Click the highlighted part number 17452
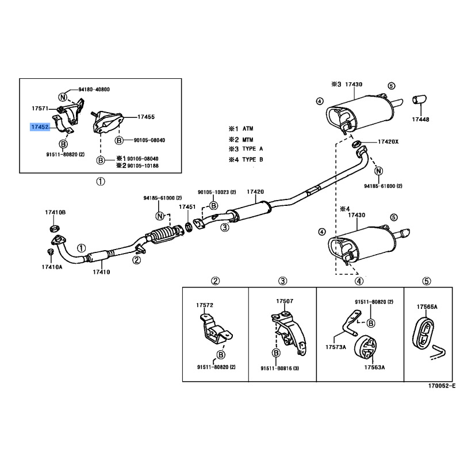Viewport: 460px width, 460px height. pos(40,127)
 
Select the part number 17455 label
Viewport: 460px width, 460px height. pos(146,117)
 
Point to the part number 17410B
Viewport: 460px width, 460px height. pos(55,212)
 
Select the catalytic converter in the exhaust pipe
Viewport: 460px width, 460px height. pos(165,234)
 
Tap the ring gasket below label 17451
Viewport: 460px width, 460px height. pos(189,227)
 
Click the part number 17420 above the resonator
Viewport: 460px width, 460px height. pos(255,191)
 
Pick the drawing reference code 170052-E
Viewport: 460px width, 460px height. pos(442,385)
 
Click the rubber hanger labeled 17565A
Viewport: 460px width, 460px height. pos(423,333)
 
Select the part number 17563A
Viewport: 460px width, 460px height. pos(374,367)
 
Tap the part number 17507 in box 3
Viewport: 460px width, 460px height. pos(285,301)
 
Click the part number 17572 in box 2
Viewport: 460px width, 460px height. pos(205,305)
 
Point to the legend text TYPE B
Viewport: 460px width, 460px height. pos(252,160)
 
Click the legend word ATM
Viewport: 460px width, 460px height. pos(248,128)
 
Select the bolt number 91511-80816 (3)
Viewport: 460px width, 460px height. pos(279,368)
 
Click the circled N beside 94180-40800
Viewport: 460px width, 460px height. pos(63,97)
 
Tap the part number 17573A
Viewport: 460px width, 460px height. pos(336,347)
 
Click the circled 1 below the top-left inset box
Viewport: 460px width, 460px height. pos(100,182)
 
